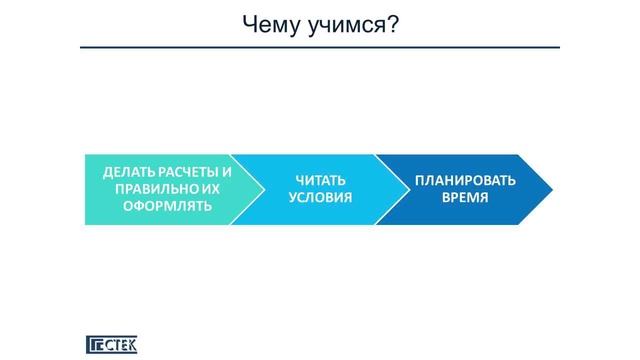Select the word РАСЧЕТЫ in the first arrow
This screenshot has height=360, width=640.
click(x=186, y=172)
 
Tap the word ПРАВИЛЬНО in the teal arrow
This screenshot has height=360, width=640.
click(x=148, y=189)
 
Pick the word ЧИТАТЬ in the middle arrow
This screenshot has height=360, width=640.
click(x=320, y=181)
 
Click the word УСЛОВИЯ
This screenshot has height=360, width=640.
click(x=320, y=198)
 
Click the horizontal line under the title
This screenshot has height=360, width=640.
click(x=320, y=47)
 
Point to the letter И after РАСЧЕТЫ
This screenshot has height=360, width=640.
click(x=227, y=172)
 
